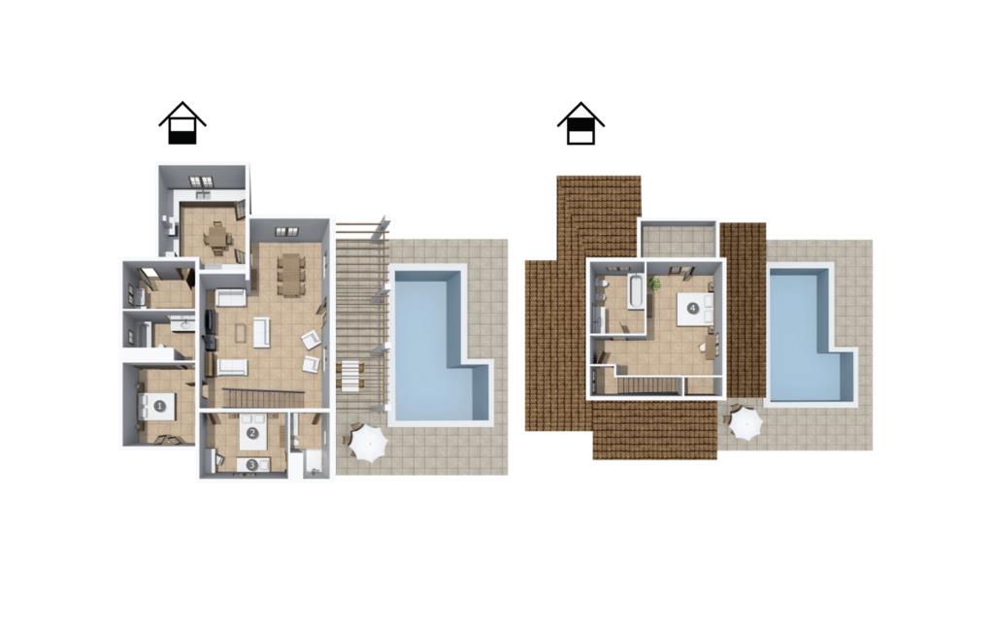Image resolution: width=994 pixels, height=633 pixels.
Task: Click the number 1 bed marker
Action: click(x=159, y=406)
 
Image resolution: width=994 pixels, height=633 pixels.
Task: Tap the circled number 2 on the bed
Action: click(x=252, y=433)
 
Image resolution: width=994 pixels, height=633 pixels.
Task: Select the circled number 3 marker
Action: click(x=251, y=465)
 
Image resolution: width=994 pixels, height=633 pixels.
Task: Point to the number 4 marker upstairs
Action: click(x=692, y=309)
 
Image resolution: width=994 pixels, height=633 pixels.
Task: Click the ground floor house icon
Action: click(x=182, y=123)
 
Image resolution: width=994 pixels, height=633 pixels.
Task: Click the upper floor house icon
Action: click(x=580, y=123)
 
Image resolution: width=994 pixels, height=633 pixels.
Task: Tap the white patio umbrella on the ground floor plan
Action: click(x=367, y=443)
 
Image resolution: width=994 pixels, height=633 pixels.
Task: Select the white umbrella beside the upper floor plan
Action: click(x=745, y=423)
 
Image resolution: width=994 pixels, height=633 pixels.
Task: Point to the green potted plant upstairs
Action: click(x=654, y=283)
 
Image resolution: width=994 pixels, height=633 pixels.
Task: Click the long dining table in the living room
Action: click(x=290, y=275)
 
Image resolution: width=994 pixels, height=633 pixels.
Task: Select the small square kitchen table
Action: click(x=216, y=239)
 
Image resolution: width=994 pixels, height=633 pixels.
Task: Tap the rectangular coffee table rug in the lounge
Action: click(x=241, y=333)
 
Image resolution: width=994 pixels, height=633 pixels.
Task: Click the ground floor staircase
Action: click(x=257, y=398)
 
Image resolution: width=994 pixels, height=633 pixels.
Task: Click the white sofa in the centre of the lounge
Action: click(x=261, y=332)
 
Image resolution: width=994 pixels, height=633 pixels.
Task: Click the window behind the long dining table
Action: click(x=286, y=231)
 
